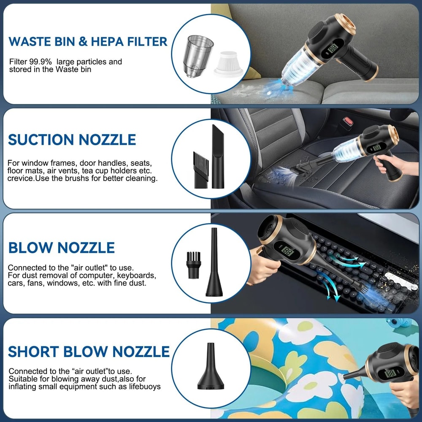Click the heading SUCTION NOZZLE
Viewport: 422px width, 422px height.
(x=72, y=140)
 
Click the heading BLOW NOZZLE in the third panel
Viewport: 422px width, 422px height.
(x=62, y=247)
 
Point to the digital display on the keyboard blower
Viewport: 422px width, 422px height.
(x=289, y=252)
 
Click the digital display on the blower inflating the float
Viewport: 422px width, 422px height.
(x=390, y=373)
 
